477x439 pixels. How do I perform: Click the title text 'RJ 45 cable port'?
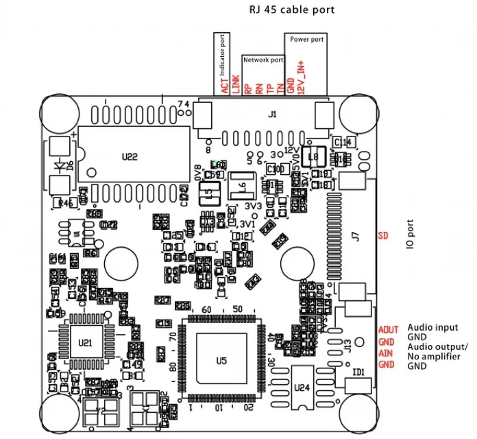coord(291,10)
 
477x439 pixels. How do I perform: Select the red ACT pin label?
coord(225,85)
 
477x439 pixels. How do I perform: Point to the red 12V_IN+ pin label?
coord(302,78)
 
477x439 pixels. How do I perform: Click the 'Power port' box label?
coord(306,40)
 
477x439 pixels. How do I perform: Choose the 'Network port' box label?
coord(263,60)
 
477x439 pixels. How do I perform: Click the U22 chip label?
coord(130,156)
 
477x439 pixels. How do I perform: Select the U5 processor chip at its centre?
coord(221,359)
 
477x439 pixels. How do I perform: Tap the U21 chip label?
coord(86,342)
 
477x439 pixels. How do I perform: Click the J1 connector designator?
coord(272,115)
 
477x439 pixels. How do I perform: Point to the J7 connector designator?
coord(355,237)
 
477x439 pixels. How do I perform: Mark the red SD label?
coord(384,237)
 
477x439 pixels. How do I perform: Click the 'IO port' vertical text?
coord(411,235)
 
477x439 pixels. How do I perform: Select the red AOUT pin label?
coord(388,330)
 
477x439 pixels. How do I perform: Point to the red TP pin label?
coord(269,88)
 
